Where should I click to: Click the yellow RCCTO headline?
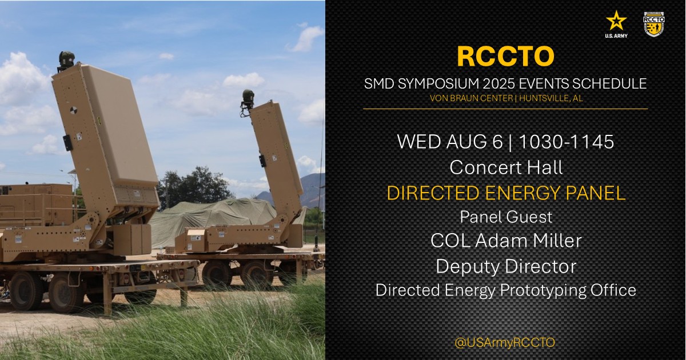pos(505,56)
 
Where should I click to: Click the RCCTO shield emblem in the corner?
pos(653,23)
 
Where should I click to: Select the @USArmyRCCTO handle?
pos(505,342)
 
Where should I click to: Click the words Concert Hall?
pos(505,167)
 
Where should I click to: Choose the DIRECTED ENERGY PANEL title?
pos(505,193)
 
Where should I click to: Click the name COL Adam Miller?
pos(505,241)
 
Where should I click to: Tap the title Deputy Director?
pos(505,266)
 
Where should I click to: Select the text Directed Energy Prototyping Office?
pos(505,290)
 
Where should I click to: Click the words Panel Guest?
pos(505,217)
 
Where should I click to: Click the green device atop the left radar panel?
pos(66,59)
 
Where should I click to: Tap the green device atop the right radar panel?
pos(248,97)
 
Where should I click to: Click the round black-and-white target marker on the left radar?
pos(73,111)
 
